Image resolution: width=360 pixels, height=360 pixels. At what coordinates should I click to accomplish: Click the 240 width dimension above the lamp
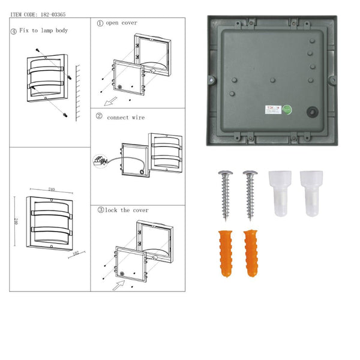pyautogui.click(x=52, y=190)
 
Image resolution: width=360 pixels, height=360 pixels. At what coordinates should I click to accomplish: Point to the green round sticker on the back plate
pyautogui.click(x=287, y=110)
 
